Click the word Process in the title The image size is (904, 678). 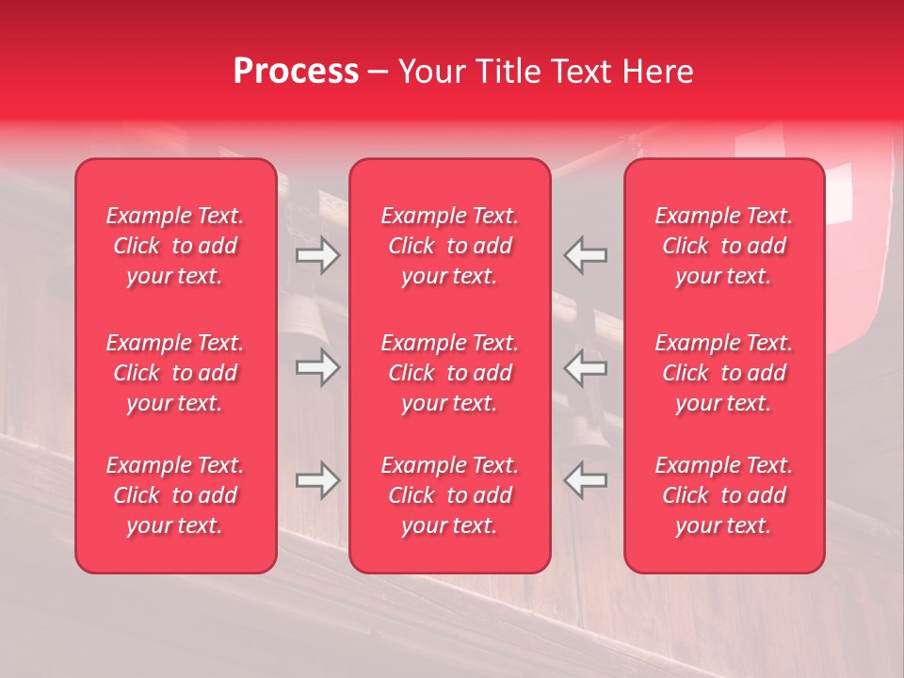pos(296,72)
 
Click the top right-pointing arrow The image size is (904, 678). pos(317,255)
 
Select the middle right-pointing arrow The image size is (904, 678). pos(317,367)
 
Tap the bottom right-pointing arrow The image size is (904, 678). pos(317,480)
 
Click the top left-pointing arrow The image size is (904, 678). pos(585,255)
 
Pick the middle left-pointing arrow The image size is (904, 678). pos(585,367)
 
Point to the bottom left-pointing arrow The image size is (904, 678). pos(585,480)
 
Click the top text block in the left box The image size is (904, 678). pos(175,246)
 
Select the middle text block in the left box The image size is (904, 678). pos(175,373)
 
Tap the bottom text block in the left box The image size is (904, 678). pos(175,495)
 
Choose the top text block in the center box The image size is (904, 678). pos(449,246)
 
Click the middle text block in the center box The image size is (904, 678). pos(449,373)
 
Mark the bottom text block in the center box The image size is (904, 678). pos(449,495)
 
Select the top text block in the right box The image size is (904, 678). pos(723,246)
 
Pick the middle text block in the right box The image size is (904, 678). pos(723,373)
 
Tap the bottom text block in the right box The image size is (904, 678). pos(723,495)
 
